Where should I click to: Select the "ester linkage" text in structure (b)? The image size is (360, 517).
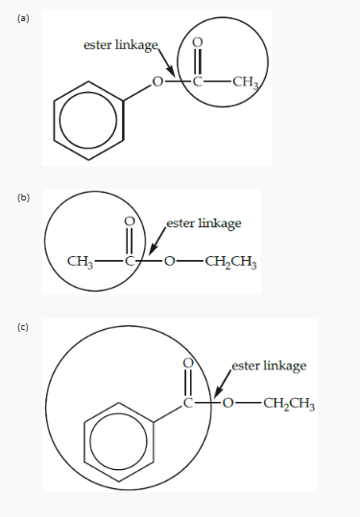204,223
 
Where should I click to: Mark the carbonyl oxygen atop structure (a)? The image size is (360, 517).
198,42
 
